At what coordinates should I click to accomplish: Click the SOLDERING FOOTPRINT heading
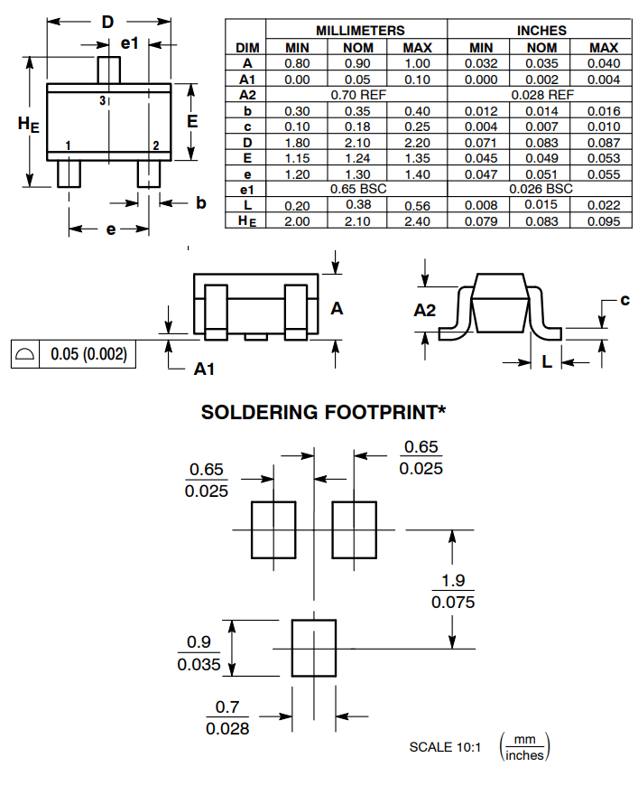point(323,413)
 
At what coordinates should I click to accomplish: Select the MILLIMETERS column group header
point(360,31)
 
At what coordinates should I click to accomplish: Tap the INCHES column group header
point(541,31)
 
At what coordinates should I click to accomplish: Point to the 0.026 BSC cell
point(541,189)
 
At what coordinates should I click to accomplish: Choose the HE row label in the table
point(247,221)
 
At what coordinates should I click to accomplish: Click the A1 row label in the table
point(247,80)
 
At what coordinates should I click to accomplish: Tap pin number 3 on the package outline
point(103,99)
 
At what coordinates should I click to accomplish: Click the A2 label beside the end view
point(425,310)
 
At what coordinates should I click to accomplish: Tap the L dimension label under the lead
point(548,362)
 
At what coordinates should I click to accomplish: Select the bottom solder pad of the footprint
point(313,647)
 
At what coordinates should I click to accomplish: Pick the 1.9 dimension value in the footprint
point(453,580)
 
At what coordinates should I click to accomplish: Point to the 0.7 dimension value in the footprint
point(227,707)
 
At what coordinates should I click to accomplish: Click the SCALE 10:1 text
point(445,747)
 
